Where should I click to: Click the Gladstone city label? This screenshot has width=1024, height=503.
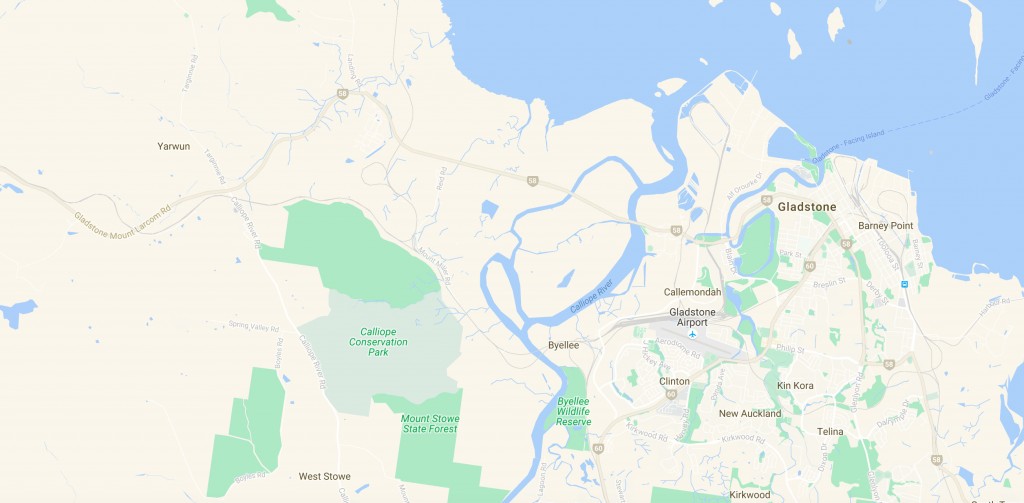(806, 207)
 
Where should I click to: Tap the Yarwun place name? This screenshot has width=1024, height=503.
(173, 146)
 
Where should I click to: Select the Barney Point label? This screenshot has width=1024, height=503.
(885, 226)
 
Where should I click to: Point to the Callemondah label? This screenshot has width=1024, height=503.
(693, 292)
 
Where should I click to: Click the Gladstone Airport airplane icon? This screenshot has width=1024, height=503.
(691, 334)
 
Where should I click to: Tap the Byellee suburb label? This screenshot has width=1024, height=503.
(564, 345)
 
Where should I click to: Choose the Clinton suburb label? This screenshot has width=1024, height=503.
(674, 382)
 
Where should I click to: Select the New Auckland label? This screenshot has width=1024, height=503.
(750, 413)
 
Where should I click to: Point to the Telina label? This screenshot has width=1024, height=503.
(830, 431)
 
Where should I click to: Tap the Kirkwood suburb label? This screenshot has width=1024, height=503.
(750, 494)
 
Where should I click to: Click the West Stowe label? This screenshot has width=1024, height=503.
(323, 477)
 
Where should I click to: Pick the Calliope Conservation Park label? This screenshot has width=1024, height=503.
(378, 341)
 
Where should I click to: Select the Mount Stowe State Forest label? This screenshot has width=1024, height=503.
(429, 423)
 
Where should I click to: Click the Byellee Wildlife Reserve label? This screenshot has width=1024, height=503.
(574, 412)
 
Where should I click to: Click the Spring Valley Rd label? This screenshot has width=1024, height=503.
(251, 325)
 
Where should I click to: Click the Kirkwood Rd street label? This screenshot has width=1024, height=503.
(650, 436)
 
